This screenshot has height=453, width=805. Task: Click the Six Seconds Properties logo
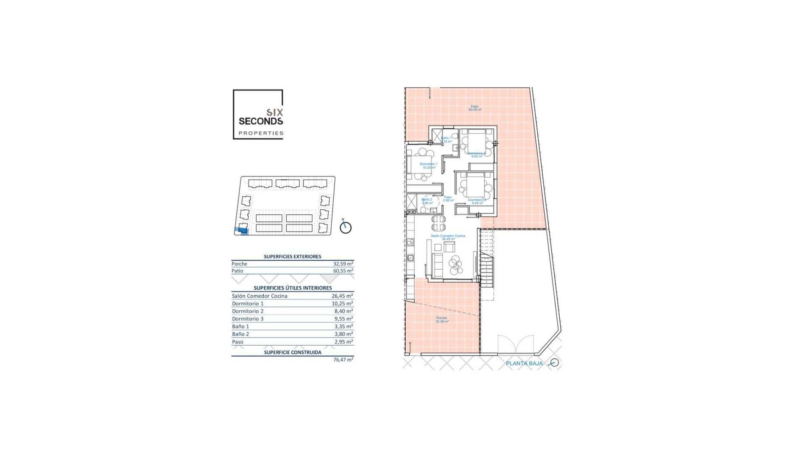(x=258, y=115)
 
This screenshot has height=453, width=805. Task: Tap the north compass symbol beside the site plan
(x=345, y=227)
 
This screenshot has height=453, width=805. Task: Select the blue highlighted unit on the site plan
(x=243, y=229)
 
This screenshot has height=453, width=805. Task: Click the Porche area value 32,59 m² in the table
(x=343, y=264)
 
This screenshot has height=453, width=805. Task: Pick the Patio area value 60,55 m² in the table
(x=343, y=271)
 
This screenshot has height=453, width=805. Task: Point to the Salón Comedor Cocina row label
(x=260, y=296)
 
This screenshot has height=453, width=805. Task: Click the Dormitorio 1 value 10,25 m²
(x=342, y=304)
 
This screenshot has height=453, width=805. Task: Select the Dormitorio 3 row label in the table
(x=248, y=319)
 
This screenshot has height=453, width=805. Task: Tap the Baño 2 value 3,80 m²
(x=343, y=334)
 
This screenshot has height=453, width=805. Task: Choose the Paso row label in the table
(x=238, y=342)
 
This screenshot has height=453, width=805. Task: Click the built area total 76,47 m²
(x=343, y=360)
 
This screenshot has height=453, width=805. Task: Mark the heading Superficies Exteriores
(x=292, y=257)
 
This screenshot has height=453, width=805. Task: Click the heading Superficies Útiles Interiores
(x=292, y=288)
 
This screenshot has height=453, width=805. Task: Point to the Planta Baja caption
(x=524, y=364)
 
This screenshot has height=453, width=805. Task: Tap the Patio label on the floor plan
(x=475, y=108)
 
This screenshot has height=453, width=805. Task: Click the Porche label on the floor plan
(x=441, y=320)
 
